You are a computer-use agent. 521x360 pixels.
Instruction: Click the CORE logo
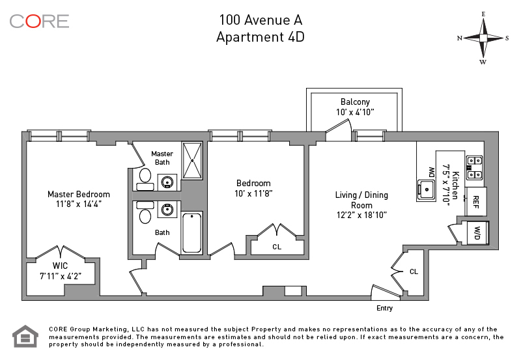[39, 21]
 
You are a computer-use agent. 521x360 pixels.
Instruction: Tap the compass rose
[483, 38]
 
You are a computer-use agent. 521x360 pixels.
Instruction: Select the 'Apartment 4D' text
[260, 37]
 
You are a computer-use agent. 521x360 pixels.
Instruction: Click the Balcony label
[355, 102]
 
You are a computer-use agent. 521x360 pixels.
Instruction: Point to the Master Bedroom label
[78, 194]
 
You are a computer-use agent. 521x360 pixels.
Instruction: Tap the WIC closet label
[60, 266]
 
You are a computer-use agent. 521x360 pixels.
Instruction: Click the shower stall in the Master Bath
[192, 160]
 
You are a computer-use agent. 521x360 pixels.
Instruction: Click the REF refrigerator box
[476, 200]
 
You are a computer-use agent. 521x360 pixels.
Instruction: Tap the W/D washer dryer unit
[477, 232]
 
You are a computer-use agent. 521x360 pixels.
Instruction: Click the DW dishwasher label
[430, 173]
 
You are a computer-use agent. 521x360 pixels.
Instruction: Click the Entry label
[385, 307]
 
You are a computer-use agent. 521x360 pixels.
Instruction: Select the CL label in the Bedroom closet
[277, 247]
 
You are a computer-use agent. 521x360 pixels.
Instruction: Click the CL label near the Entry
[414, 271]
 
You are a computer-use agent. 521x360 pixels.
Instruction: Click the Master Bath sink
[168, 182]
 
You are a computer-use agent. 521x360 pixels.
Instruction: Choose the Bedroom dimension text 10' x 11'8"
[253, 193]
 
